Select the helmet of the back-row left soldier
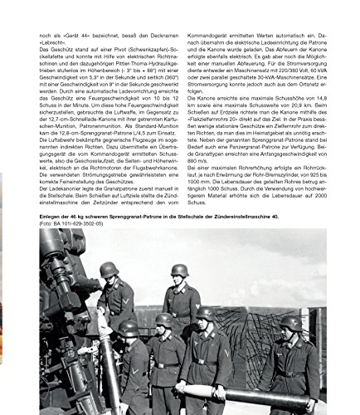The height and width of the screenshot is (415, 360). point(109,270)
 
